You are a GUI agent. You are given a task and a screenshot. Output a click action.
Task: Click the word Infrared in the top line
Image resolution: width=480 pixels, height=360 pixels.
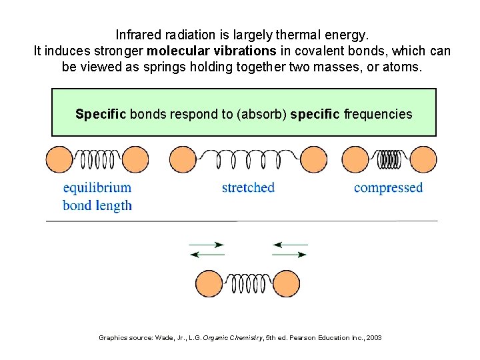138,34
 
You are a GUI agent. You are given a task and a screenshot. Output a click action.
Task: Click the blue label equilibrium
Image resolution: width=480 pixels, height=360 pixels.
97,187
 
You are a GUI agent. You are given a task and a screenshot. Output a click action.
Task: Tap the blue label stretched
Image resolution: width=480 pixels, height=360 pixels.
248,187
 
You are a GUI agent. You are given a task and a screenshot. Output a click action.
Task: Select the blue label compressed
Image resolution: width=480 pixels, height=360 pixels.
388,187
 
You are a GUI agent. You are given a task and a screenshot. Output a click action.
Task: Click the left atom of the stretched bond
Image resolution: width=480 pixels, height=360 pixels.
183,160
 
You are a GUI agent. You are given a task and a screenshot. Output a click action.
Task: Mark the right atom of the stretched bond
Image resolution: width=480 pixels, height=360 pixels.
312,160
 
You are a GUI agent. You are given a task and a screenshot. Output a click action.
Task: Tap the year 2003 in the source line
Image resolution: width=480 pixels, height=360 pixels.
374,338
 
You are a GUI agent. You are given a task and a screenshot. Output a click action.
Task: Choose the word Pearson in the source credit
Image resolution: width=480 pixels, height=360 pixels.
289,338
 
